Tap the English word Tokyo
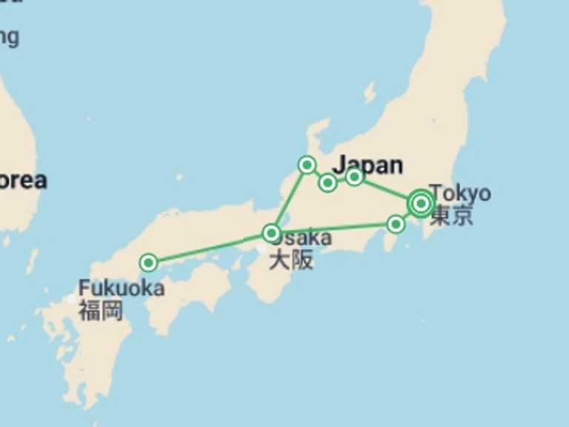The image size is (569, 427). [460, 193]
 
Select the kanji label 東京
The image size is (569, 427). [451, 216]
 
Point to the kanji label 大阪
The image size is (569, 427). [291, 260]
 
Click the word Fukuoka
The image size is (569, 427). [121, 288]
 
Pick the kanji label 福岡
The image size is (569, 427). [101, 310]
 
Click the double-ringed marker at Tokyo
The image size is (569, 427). [421, 202]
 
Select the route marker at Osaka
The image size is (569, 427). [272, 234]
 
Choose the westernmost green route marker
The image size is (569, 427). [149, 262]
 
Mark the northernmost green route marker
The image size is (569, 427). [307, 165]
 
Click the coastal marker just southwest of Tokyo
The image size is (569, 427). [396, 224]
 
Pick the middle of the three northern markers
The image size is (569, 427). [327, 182]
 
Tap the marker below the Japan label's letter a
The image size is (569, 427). [354, 176]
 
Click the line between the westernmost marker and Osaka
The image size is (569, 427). [210, 248]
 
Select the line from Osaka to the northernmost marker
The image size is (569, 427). [290, 199]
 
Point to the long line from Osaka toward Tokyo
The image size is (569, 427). [333, 229]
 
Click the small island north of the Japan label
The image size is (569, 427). [369, 93]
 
